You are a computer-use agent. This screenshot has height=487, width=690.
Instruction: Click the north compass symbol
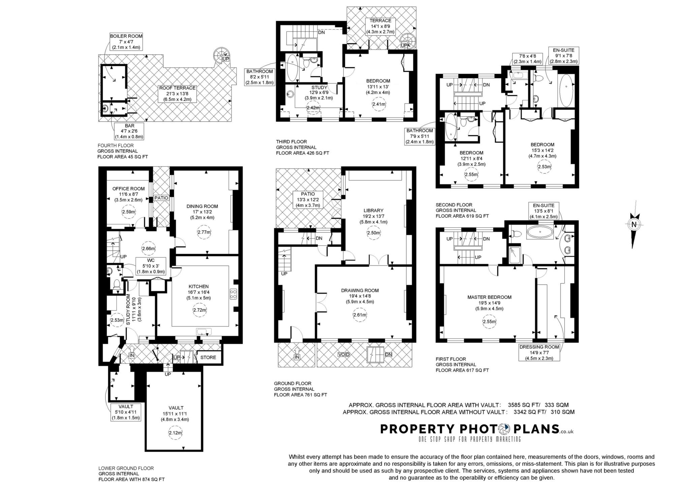tap(634, 224)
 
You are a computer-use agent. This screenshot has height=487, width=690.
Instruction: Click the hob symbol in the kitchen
tap(233, 294)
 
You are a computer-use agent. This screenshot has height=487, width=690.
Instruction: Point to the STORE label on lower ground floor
tap(208, 357)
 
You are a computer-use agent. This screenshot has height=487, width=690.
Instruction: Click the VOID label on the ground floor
tap(344, 354)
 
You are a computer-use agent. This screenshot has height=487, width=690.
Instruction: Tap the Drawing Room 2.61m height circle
tap(359, 315)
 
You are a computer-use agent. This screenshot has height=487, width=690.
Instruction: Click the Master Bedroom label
tap(489, 297)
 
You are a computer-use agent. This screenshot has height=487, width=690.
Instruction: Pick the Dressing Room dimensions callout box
tap(539, 352)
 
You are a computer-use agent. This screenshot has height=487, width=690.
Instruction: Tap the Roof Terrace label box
tap(178, 94)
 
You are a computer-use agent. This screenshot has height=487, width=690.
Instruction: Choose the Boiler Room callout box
tap(126, 42)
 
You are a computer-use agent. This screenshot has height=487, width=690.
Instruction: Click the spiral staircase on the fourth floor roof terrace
tap(221, 55)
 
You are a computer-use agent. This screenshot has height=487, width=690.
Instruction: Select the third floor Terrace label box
tap(380, 26)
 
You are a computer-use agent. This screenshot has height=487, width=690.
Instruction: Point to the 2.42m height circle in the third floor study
tap(313, 108)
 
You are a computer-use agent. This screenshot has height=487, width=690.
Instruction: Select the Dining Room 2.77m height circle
tap(204, 232)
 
